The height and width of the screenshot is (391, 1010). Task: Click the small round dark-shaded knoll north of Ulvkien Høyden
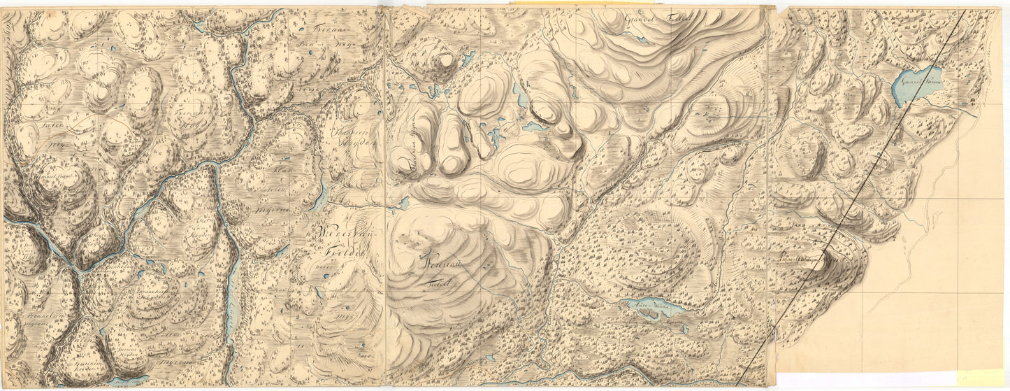pos(443,60)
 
